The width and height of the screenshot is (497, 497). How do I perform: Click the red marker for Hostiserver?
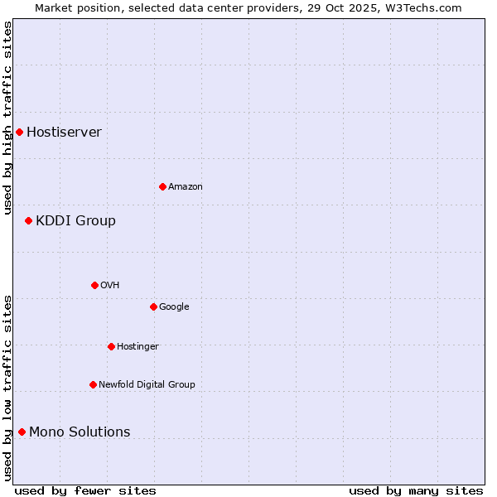pyautogui.click(x=19, y=132)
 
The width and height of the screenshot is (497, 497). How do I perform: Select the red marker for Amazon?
pyautogui.click(x=162, y=186)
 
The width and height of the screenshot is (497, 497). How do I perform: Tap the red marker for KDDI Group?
pyautogui.click(x=28, y=220)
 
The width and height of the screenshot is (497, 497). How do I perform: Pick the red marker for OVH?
pyautogui.click(x=94, y=285)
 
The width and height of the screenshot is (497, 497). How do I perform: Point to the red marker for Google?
pyautogui.click(x=153, y=306)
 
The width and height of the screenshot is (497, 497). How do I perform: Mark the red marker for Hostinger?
pyautogui.click(x=111, y=346)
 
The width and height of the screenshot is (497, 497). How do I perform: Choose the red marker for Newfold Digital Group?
pyautogui.click(x=93, y=384)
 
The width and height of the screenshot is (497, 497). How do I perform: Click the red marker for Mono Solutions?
pyautogui.click(x=22, y=432)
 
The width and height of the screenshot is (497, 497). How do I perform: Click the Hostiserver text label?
pyautogui.click(x=64, y=133)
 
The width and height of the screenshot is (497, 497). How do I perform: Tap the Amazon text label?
pyautogui.click(x=186, y=187)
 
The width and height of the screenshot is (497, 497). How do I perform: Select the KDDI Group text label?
pyautogui.click(x=75, y=221)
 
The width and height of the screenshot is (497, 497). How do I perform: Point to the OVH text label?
pyautogui.click(x=110, y=286)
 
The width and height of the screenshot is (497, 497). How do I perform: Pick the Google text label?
pyautogui.click(x=174, y=307)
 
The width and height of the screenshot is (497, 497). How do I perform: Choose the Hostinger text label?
pyautogui.click(x=138, y=347)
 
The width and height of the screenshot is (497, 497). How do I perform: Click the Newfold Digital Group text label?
pyautogui.click(x=147, y=385)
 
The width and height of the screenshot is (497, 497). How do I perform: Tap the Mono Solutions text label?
pyautogui.click(x=80, y=432)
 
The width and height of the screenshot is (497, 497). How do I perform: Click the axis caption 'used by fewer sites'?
pyautogui.click(x=85, y=490)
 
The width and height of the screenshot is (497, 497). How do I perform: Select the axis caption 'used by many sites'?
pyautogui.click(x=416, y=490)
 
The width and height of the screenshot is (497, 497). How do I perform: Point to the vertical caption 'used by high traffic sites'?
pyautogui.click(x=8, y=118)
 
